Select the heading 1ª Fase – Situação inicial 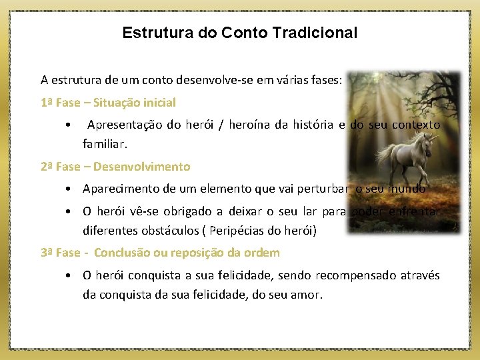[x=108, y=103]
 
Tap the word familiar [x=103, y=143]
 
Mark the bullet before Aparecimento [x=69, y=189]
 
